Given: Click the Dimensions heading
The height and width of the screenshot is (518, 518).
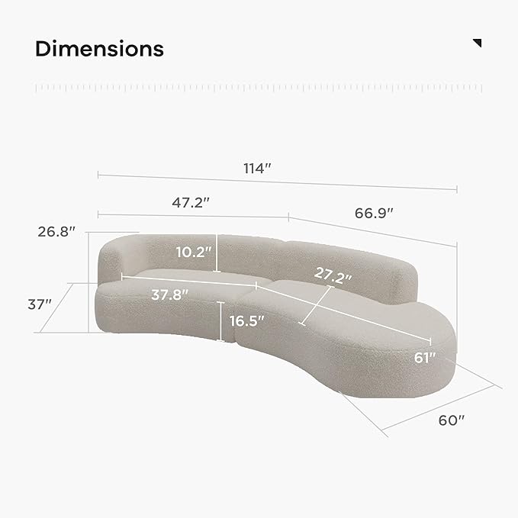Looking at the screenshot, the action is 99,49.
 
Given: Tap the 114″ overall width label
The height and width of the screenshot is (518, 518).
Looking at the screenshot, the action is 257,168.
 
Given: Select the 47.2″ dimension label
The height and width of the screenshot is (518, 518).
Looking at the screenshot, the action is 191,202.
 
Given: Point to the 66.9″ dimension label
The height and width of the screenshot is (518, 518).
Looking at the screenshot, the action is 374,213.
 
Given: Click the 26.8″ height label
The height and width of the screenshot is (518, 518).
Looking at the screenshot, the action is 56,232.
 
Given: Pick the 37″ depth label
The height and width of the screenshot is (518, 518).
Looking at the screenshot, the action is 40,304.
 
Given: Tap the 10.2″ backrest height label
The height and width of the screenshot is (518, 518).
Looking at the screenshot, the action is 193,252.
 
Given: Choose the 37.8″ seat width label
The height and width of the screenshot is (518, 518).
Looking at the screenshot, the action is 170,294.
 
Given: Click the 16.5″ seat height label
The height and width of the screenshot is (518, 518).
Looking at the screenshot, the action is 246,320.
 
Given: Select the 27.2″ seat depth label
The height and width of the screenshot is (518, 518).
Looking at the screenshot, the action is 333,275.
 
